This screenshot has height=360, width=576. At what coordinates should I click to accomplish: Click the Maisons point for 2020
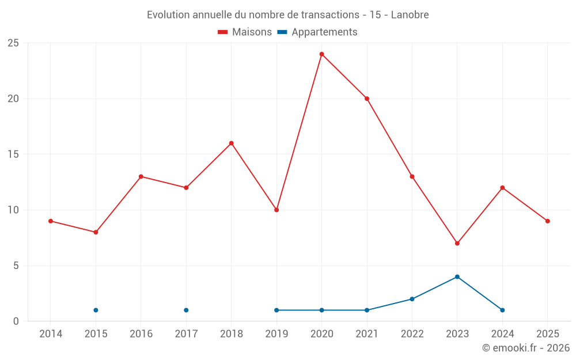tap(321, 54)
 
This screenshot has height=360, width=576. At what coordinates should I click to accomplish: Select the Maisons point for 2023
tap(457, 243)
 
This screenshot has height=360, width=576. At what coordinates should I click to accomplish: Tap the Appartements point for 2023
tap(457, 276)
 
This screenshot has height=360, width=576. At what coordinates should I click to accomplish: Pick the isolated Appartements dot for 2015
tap(96, 310)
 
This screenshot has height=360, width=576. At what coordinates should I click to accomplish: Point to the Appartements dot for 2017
tap(186, 310)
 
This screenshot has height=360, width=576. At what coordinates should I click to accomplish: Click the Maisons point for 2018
tap(231, 143)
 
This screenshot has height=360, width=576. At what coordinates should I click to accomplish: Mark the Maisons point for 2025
tap(547, 221)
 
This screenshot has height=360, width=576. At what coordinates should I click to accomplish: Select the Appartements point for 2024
tap(502, 310)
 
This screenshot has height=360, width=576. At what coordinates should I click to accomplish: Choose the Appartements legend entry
tap(317, 32)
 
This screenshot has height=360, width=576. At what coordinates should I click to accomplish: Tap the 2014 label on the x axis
tap(51, 334)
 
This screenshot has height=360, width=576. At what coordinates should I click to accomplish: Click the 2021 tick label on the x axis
tap(366, 334)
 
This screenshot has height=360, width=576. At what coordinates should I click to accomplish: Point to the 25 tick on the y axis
tap(13, 43)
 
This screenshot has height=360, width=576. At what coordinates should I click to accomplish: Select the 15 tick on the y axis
tap(13, 154)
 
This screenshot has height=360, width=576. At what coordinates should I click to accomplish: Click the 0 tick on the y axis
tap(16, 321)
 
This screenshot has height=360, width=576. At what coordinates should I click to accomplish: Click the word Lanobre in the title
tap(410, 15)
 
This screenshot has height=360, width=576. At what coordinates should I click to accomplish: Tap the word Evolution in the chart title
tap(168, 15)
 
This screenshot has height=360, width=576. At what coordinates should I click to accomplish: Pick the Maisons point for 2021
tap(366, 98)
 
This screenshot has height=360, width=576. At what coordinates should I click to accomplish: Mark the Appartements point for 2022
tap(412, 299)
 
